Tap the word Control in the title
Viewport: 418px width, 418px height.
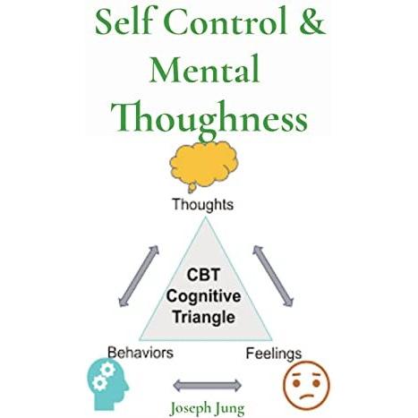pyautogui.click(x=226, y=22)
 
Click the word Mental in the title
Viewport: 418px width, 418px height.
pyautogui.click(x=204, y=69)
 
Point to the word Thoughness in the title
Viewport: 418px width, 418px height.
pyautogui.click(x=209, y=118)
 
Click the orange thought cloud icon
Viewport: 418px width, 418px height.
pyautogui.click(x=203, y=166)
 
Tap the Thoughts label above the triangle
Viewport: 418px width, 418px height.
pyautogui.click(x=203, y=205)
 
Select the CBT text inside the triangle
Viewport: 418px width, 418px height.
pyautogui.click(x=203, y=275)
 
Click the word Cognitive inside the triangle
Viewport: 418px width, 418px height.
pyautogui.click(x=203, y=296)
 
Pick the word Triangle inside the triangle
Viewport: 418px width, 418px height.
pyautogui.click(x=204, y=317)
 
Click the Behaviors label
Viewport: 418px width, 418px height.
pyautogui.click(x=141, y=353)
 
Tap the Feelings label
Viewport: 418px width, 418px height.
pyautogui.click(x=274, y=354)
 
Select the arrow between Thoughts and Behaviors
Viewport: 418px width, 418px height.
pyautogui.click(x=139, y=276)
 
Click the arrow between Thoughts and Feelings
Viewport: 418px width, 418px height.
pyautogui.click(x=273, y=276)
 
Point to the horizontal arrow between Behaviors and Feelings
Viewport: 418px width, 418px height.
pyautogui.click(x=207, y=386)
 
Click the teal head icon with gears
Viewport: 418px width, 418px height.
pyautogui.click(x=107, y=384)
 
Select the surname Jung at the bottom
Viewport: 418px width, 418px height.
pyautogui.click(x=230, y=409)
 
